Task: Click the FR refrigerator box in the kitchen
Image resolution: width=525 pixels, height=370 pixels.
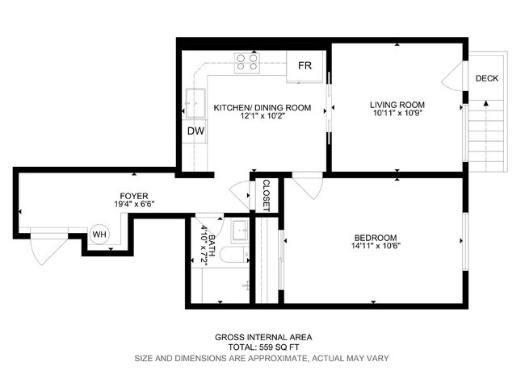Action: [305, 66]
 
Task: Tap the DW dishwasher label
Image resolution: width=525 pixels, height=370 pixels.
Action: [195, 131]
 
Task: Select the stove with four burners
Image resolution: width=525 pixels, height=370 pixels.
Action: [246, 62]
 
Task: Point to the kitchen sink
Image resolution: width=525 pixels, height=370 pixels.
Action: [195, 102]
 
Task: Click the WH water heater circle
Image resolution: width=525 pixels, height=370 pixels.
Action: [99, 234]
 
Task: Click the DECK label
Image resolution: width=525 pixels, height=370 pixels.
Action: [486, 78]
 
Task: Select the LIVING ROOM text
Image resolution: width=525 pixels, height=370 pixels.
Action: [397, 106]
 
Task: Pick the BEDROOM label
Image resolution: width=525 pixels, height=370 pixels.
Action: [375, 237]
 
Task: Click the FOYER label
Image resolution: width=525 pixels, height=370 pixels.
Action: [133, 195]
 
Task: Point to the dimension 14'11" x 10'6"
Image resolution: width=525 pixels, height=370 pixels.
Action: [376, 247]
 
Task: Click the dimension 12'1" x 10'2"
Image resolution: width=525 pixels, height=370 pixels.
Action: [262, 116]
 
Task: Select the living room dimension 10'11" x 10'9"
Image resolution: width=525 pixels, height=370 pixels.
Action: [397, 115]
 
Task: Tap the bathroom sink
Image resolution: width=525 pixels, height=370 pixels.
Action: [239, 231]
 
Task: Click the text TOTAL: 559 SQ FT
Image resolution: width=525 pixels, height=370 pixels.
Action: [262, 347]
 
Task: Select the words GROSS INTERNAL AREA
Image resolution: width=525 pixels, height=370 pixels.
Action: [262, 337]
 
